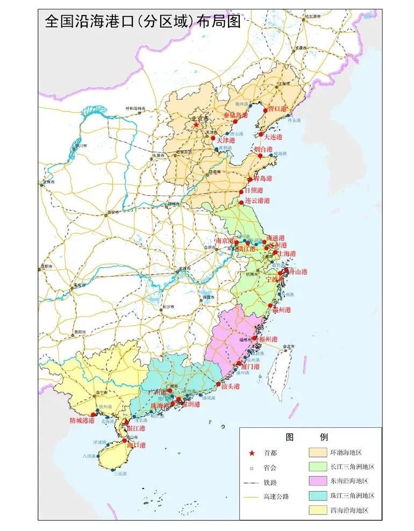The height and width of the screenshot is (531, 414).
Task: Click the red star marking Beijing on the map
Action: tap(196, 125)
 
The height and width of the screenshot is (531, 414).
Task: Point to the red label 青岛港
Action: tap(263, 178)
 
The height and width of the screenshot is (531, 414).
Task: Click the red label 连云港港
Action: tap(257, 200)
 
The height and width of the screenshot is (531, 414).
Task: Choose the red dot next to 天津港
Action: tap(213, 138)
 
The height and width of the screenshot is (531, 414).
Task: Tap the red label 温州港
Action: tap(281, 310)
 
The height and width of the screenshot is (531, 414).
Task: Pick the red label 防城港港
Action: tap(82, 420)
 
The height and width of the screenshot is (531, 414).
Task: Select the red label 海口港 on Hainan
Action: tap(136, 445)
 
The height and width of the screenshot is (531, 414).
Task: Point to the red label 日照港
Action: tap(253, 190)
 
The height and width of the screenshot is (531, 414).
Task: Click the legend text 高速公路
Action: tap(276, 496)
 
